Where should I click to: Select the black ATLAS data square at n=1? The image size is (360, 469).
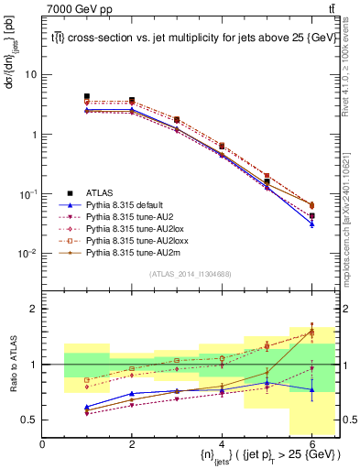click(x=87, y=96)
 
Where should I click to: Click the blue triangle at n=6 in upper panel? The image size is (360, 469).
click(x=311, y=223)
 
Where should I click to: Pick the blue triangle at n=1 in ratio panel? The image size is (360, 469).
click(x=87, y=407)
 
